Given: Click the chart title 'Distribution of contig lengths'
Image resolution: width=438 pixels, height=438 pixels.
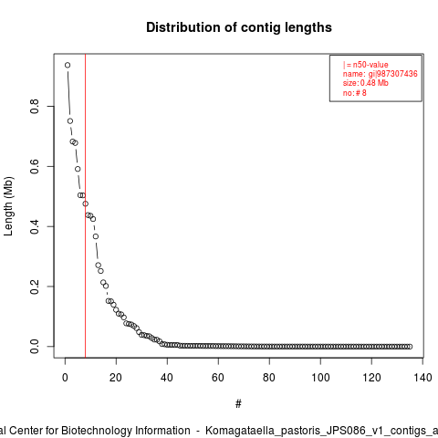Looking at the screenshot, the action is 239,27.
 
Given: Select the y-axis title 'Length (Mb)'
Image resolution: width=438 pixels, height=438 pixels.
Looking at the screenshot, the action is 8,206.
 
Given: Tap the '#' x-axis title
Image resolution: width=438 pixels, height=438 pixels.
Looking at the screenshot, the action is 238,404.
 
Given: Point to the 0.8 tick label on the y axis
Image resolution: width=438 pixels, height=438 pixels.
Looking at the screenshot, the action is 35,106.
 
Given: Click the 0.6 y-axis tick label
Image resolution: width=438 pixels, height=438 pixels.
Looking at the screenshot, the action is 35,166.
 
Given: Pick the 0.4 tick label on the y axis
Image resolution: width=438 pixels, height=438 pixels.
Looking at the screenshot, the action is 35,226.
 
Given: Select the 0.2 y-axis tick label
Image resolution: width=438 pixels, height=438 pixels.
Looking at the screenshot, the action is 35,287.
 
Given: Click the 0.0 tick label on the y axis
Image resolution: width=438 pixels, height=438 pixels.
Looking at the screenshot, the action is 35,347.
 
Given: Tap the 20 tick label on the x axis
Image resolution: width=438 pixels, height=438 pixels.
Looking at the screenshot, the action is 116,378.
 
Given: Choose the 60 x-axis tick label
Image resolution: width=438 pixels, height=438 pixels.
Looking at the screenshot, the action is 218,378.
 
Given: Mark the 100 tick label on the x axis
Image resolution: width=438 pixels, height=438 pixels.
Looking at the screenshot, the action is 320,378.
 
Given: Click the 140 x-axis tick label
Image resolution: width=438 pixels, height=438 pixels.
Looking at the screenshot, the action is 422,378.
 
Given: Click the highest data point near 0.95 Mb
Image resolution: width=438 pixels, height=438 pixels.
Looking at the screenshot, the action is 68,65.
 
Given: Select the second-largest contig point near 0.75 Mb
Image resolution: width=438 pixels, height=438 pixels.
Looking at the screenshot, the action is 70,121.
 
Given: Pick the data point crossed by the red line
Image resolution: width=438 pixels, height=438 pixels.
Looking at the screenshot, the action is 86,203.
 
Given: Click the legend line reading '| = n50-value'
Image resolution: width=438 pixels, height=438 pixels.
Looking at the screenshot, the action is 366,65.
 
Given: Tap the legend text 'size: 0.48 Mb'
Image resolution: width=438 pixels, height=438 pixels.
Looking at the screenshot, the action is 366,83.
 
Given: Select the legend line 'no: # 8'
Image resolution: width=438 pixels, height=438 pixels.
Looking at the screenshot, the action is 355,93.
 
